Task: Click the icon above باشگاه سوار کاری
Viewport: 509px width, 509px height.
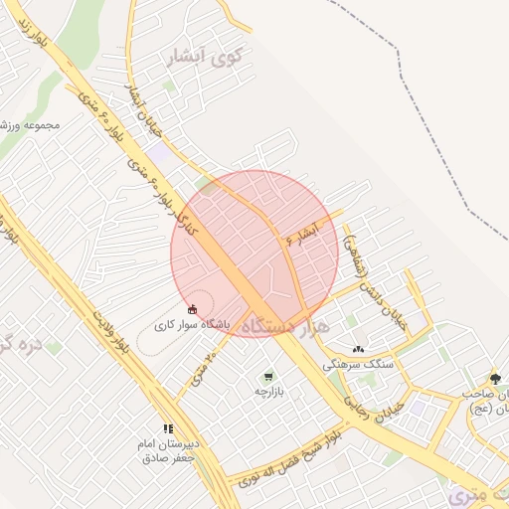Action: [192, 309]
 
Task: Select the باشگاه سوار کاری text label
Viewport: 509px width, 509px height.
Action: [192, 325]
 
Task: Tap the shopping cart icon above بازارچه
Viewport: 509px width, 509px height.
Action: [268, 377]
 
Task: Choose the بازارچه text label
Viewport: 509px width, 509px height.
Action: [268, 392]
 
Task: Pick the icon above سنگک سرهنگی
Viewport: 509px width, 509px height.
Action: [358, 349]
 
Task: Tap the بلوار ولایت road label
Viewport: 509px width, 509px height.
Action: [111, 332]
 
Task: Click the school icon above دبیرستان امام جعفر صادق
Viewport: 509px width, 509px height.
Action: [167, 428]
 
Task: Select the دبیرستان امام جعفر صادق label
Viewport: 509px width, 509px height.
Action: [167, 450]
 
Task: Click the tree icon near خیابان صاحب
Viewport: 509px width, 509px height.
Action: [495, 378]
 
